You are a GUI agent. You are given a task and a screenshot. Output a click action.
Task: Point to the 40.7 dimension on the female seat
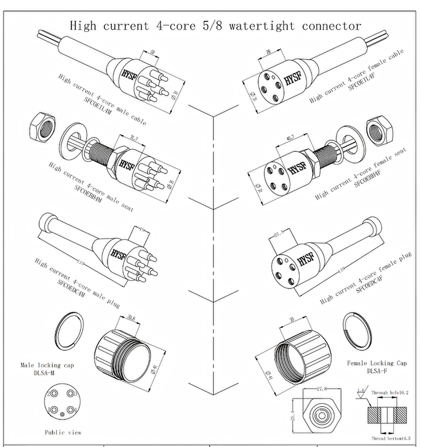288,138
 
